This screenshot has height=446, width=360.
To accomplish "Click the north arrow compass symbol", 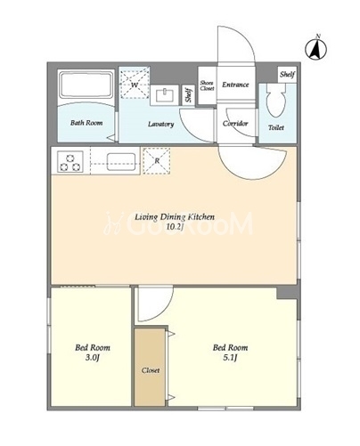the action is tap(316, 47).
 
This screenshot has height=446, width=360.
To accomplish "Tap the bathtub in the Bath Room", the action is tap(86, 85).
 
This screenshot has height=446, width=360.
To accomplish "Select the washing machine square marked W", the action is tap(135, 83).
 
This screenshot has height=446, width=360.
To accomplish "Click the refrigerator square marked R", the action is tap(157, 160).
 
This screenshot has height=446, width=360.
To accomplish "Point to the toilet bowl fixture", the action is tap(276, 101).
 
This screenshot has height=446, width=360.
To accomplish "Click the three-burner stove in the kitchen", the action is tap(70, 161).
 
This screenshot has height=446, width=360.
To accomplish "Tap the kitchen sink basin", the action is tap(121, 162).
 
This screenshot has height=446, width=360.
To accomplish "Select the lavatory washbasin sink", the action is tap(165, 95).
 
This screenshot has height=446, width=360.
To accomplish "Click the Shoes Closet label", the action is tap(207, 85).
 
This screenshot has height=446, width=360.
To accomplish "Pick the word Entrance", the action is tap(235, 85).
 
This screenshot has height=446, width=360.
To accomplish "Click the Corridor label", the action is tap(235, 124).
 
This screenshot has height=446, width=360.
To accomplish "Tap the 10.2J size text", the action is tap(175, 227).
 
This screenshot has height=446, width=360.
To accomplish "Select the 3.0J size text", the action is tap(93, 358).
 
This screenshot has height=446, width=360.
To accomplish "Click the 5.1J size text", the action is tap(230, 358).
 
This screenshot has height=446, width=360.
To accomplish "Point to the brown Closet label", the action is tap(151, 370).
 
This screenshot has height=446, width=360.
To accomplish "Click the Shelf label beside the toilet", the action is tap(287, 74).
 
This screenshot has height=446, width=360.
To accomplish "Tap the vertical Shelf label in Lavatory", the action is tap(188, 95).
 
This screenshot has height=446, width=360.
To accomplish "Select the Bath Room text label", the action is tap(86, 123).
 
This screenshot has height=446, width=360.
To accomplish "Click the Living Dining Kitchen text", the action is tap(175, 217).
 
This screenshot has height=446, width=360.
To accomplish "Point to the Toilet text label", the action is tap(276, 127).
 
